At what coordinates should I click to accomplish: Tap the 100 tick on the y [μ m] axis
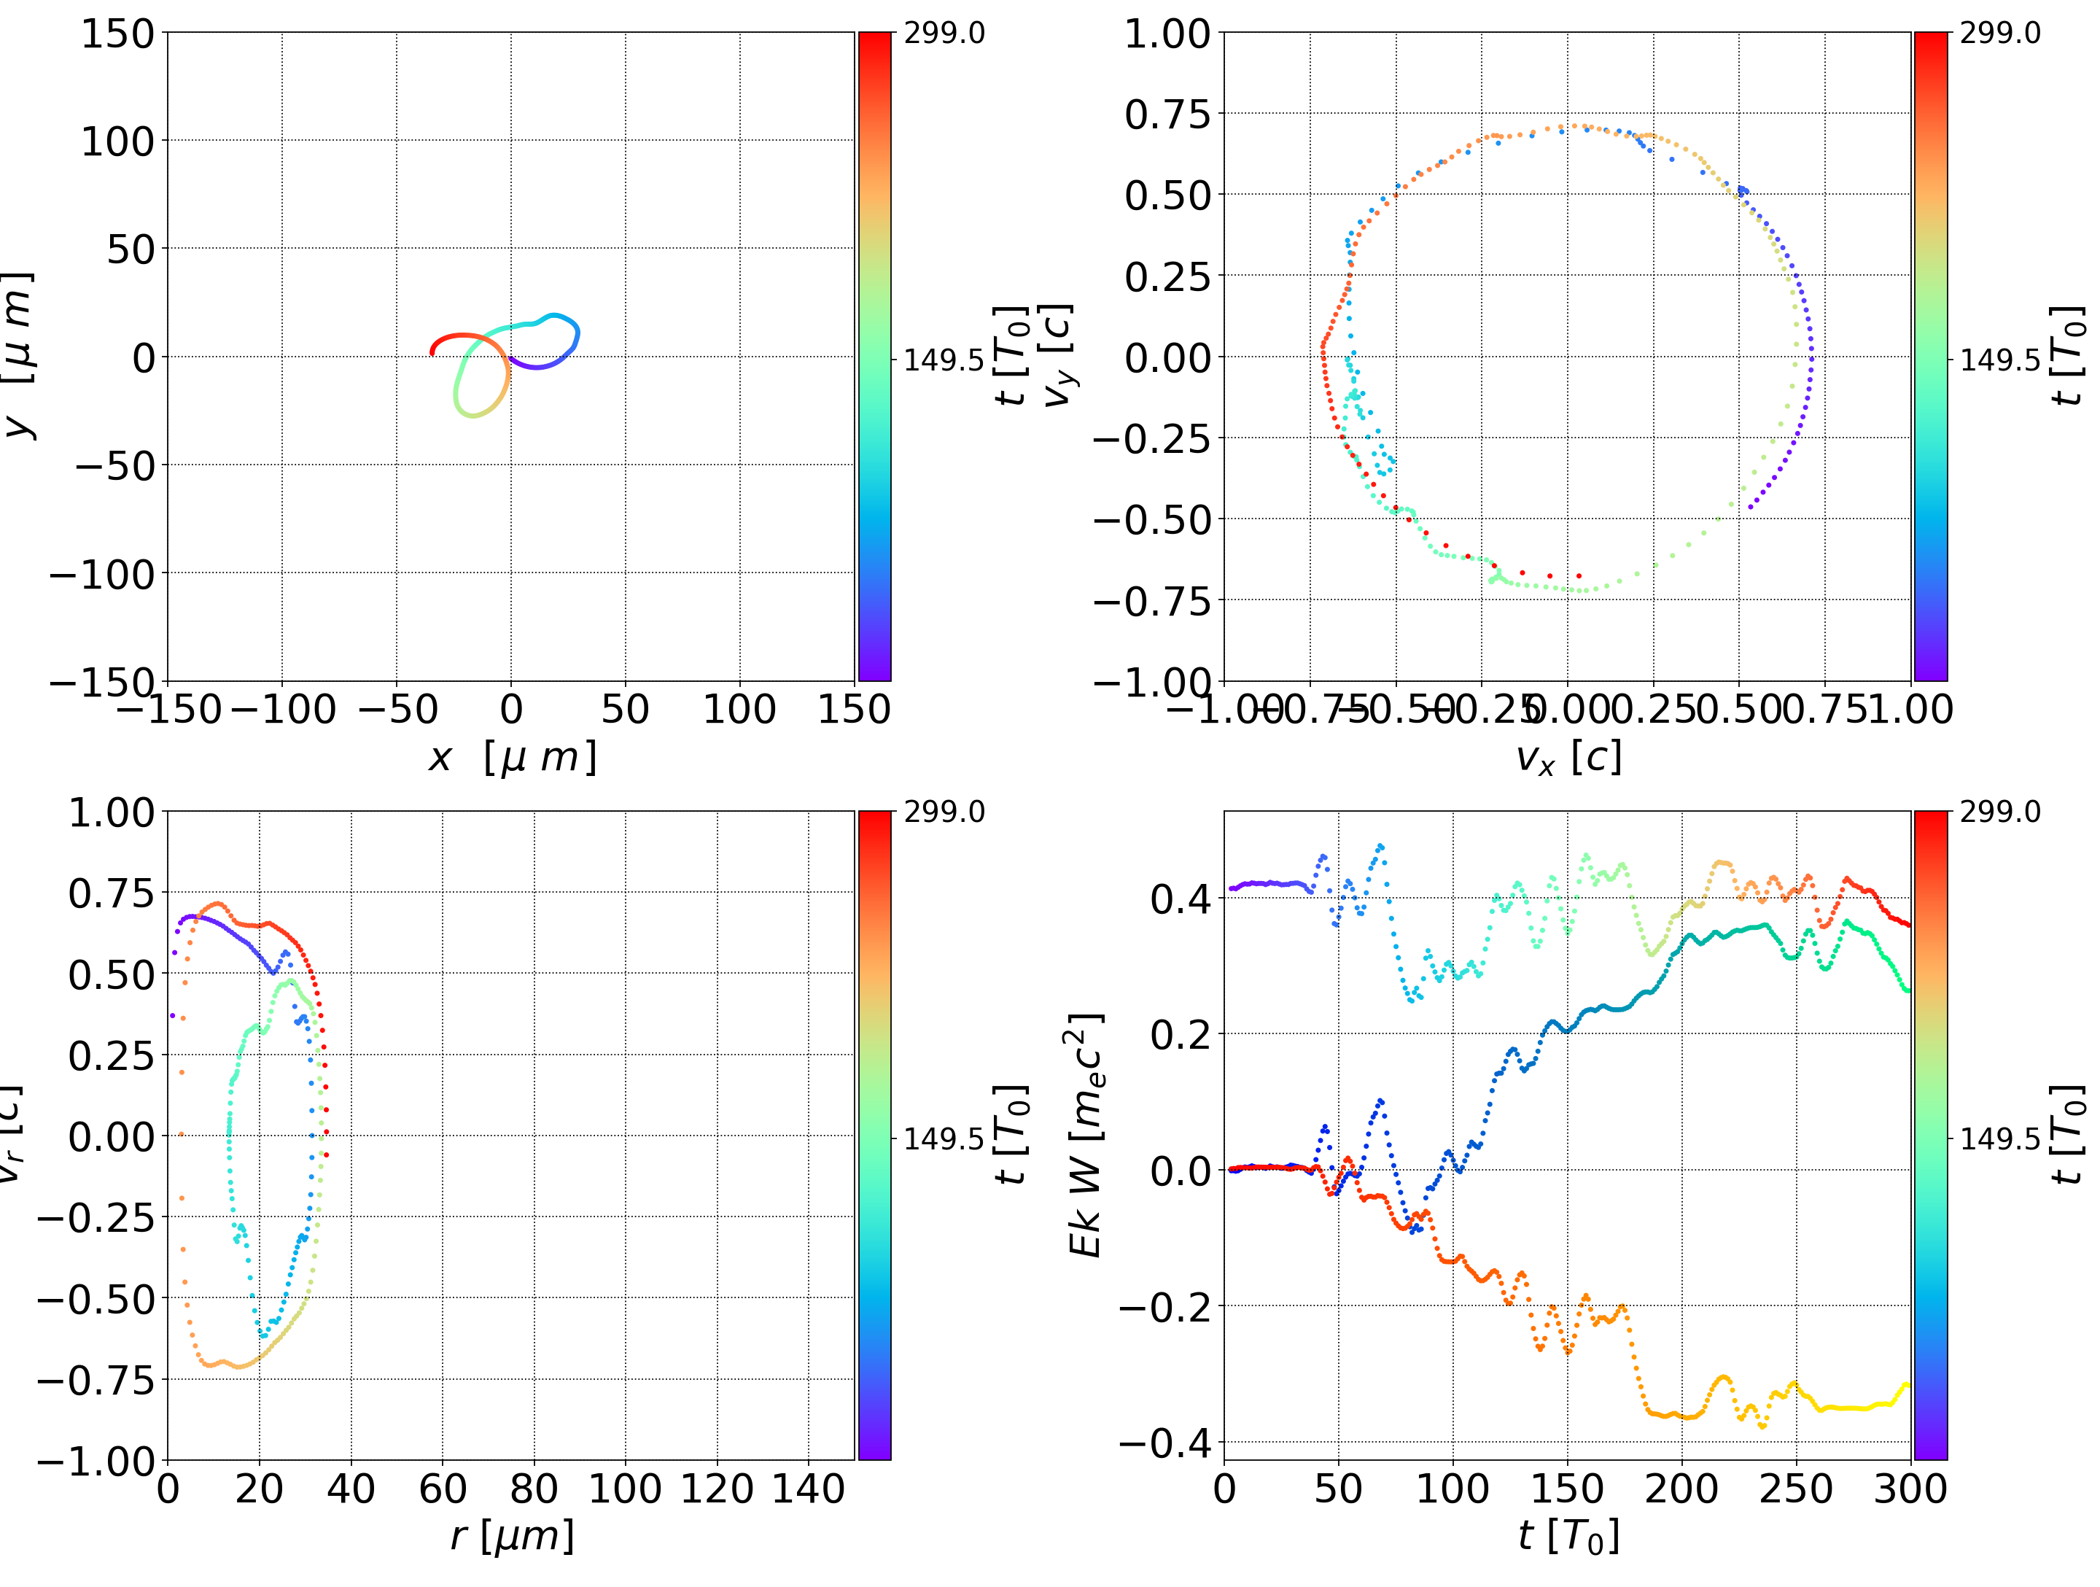click(x=117, y=141)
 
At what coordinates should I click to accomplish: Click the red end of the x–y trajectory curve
click(x=433, y=353)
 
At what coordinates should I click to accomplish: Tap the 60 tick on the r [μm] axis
click(x=443, y=1489)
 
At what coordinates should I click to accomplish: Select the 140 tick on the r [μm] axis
click(x=808, y=1489)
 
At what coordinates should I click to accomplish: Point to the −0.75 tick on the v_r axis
click(x=96, y=1379)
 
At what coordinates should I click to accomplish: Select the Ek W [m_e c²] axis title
click(x=1086, y=1135)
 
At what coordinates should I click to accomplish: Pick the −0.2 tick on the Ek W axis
click(x=1165, y=1307)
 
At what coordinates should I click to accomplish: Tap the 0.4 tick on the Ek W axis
click(x=1181, y=898)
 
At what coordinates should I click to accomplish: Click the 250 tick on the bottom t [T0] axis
click(x=1795, y=1489)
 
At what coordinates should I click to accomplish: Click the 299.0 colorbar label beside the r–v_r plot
click(x=944, y=812)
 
